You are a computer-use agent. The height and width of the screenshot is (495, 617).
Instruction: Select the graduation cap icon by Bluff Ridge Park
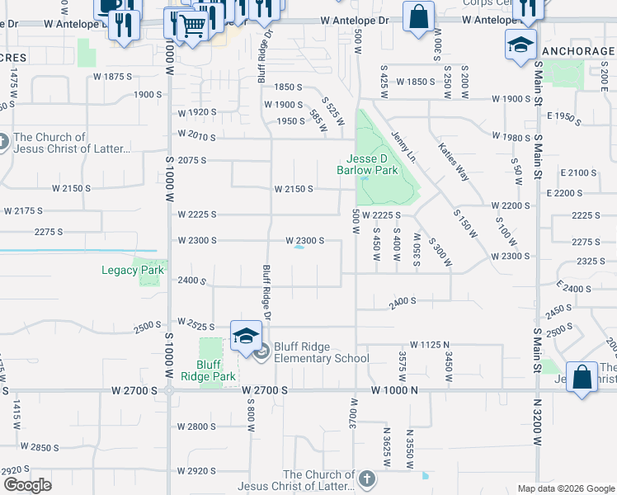pyautogui.click(x=246, y=335)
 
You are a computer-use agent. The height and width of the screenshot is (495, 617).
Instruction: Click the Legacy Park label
pyautogui.click(x=133, y=270)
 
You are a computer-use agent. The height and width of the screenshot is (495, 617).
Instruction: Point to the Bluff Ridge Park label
pyautogui.click(x=215, y=370)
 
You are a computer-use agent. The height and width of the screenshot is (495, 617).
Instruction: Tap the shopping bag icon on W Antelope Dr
pyautogui.click(x=418, y=16)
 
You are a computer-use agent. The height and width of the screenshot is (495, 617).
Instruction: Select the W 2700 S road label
pyautogui.click(x=265, y=389)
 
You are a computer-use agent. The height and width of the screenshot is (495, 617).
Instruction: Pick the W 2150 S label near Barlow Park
pyautogui.click(x=293, y=189)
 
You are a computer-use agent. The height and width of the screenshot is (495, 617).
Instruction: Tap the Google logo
pyautogui.click(x=27, y=485)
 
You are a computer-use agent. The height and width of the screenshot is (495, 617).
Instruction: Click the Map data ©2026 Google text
pyautogui.click(x=565, y=488)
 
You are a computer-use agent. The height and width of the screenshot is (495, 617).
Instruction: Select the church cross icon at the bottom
pyautogui.click(x=366, y=478)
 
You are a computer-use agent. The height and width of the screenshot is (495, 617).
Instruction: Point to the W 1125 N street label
pyautogui.click(x=429, y=344)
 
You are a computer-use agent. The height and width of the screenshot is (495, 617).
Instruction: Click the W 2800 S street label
pyautogui.click(x=196, y=427)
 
